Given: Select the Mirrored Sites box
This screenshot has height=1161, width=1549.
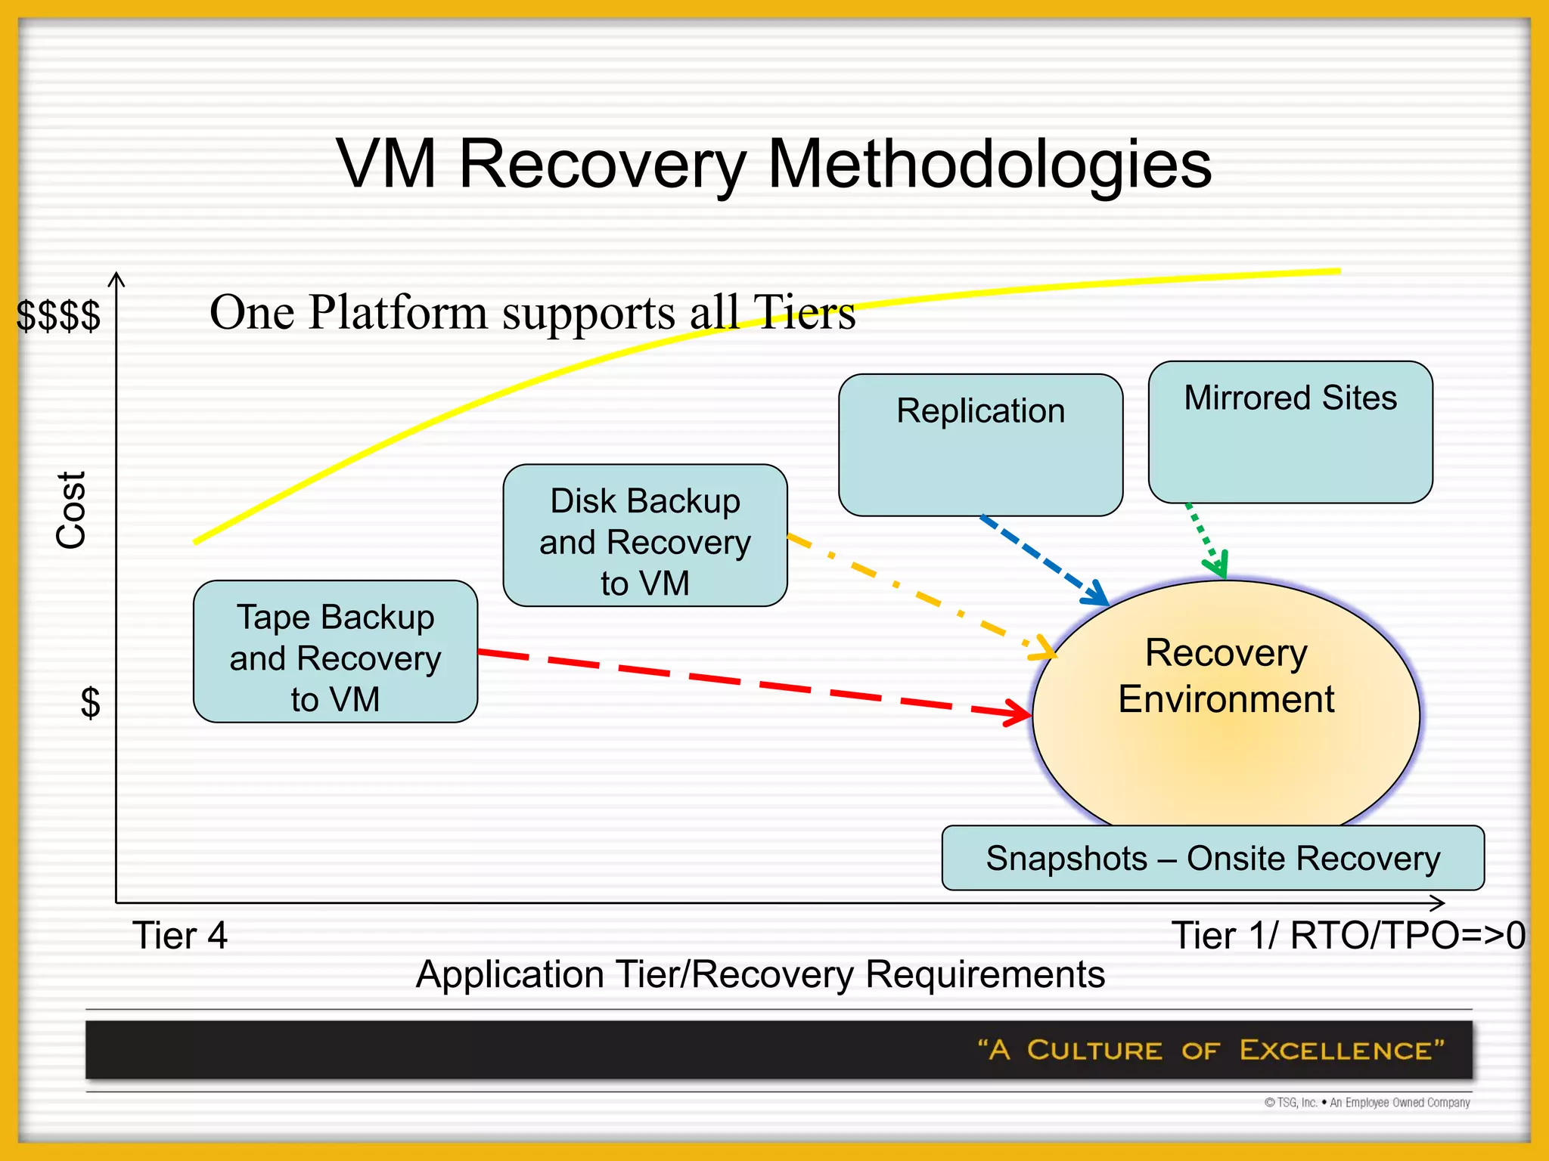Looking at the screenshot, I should point(1290,432).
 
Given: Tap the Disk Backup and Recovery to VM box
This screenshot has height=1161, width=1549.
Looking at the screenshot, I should point(644,535).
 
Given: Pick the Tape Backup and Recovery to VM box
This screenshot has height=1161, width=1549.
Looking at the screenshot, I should point(335,652).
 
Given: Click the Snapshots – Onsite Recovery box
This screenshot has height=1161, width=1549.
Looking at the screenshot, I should point(1212,858).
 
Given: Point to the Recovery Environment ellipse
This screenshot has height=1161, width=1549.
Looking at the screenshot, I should point(1225,726).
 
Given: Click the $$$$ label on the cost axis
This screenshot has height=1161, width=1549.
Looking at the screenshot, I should point(58,315).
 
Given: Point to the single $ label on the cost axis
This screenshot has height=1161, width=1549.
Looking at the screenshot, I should point(90,703).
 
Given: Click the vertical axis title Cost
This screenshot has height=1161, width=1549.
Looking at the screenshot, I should point(71,509).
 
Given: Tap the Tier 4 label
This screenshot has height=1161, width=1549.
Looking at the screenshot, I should point(179,936).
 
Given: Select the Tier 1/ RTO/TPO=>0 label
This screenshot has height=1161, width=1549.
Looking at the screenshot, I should point(1347,936).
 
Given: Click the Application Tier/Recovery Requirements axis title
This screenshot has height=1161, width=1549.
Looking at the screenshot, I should point(760,974).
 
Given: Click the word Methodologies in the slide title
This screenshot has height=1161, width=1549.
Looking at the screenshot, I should point(989,164).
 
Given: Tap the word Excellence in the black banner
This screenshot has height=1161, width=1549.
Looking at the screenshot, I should point(1341,1050).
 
